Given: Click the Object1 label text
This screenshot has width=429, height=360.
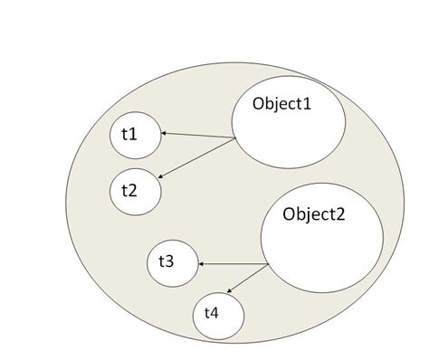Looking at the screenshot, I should click(x=281, y=104).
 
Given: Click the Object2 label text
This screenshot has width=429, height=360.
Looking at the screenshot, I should click(x=313, y=214).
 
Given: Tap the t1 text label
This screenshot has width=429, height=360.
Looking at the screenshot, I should click(x=129, y=134).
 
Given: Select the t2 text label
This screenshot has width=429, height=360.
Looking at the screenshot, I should click(x=129, y=190).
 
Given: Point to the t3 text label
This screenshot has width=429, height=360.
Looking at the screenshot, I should click(x=167, y=261).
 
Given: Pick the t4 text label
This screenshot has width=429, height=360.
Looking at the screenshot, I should click(x=211, y=313).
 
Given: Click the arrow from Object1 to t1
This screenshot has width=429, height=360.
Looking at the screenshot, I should click(x=199, y=136).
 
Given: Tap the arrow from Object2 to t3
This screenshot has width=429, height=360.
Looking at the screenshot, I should click(x=234, y=263).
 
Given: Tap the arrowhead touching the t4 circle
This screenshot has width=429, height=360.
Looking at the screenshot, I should click(x=228, y=291).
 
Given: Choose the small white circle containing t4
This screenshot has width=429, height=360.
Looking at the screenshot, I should click(x=218, y=315).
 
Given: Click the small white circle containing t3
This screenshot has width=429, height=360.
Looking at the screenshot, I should click(x=172, y=263).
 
